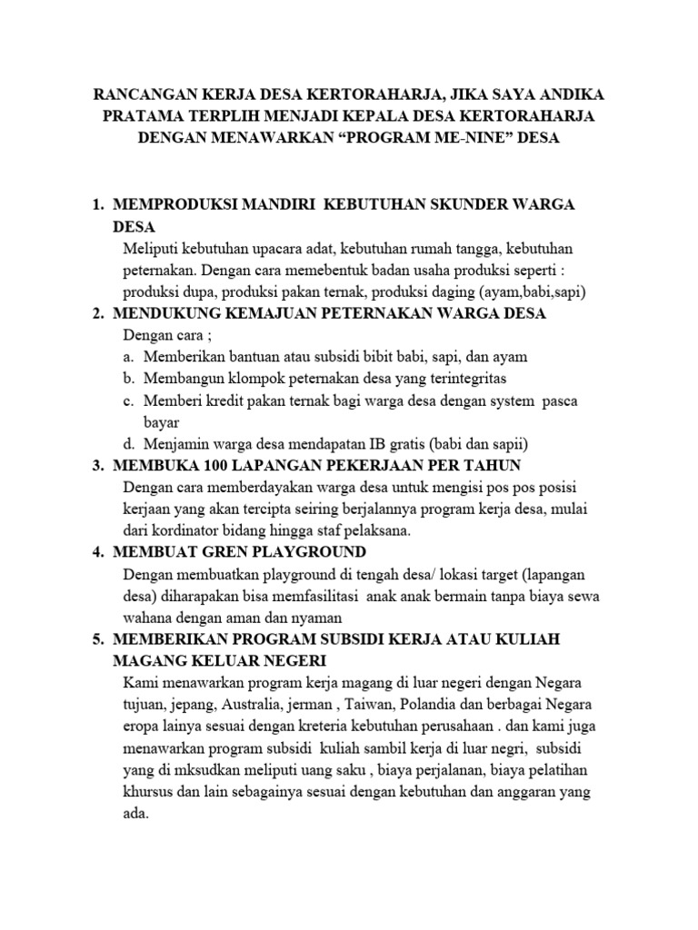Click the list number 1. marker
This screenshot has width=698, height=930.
(x=99, y=205)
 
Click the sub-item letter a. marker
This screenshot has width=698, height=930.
(x=128, y=357)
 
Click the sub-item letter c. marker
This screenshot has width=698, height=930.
(x=128, y=401)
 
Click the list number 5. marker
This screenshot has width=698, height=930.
(x=99, y=639)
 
